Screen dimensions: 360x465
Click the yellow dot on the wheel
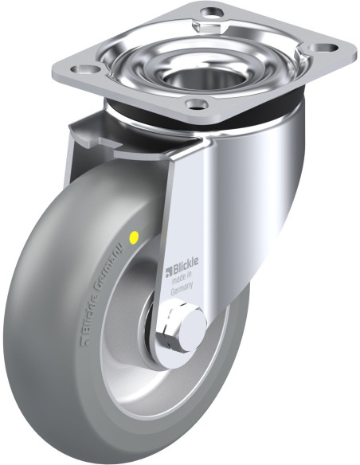(134, 236)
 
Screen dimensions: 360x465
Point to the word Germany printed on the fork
(182, 288)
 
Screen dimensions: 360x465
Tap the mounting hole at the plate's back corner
(211, 12)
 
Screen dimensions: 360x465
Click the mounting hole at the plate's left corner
(85, 69)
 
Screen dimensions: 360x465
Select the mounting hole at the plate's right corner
(325, 47)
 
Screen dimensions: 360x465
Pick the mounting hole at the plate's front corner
(196, 104)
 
